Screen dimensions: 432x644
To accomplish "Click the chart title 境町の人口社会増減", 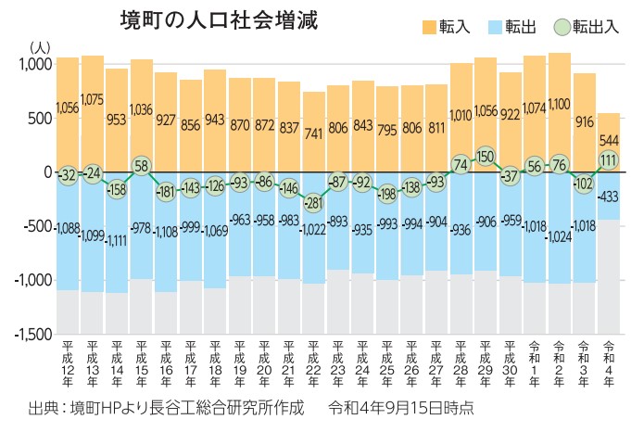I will (x=219, y=21).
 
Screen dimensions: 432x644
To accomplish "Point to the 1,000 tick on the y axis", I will (x=36, y=64).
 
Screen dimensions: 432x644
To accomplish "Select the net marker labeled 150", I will (x=486, y=156).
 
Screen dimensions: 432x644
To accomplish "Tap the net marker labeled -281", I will (x=314, y=202).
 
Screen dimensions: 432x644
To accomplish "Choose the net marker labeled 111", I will (x=608, y=159).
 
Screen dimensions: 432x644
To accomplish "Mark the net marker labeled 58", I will (x=141, y=166).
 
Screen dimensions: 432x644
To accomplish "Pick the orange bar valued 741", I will (x=314, y=132).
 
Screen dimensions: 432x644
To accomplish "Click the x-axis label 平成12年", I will (x=67, y=365).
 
